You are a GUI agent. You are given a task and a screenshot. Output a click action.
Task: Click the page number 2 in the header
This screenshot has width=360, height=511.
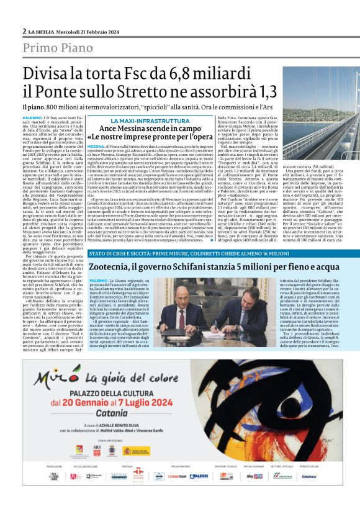[24, 30]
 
